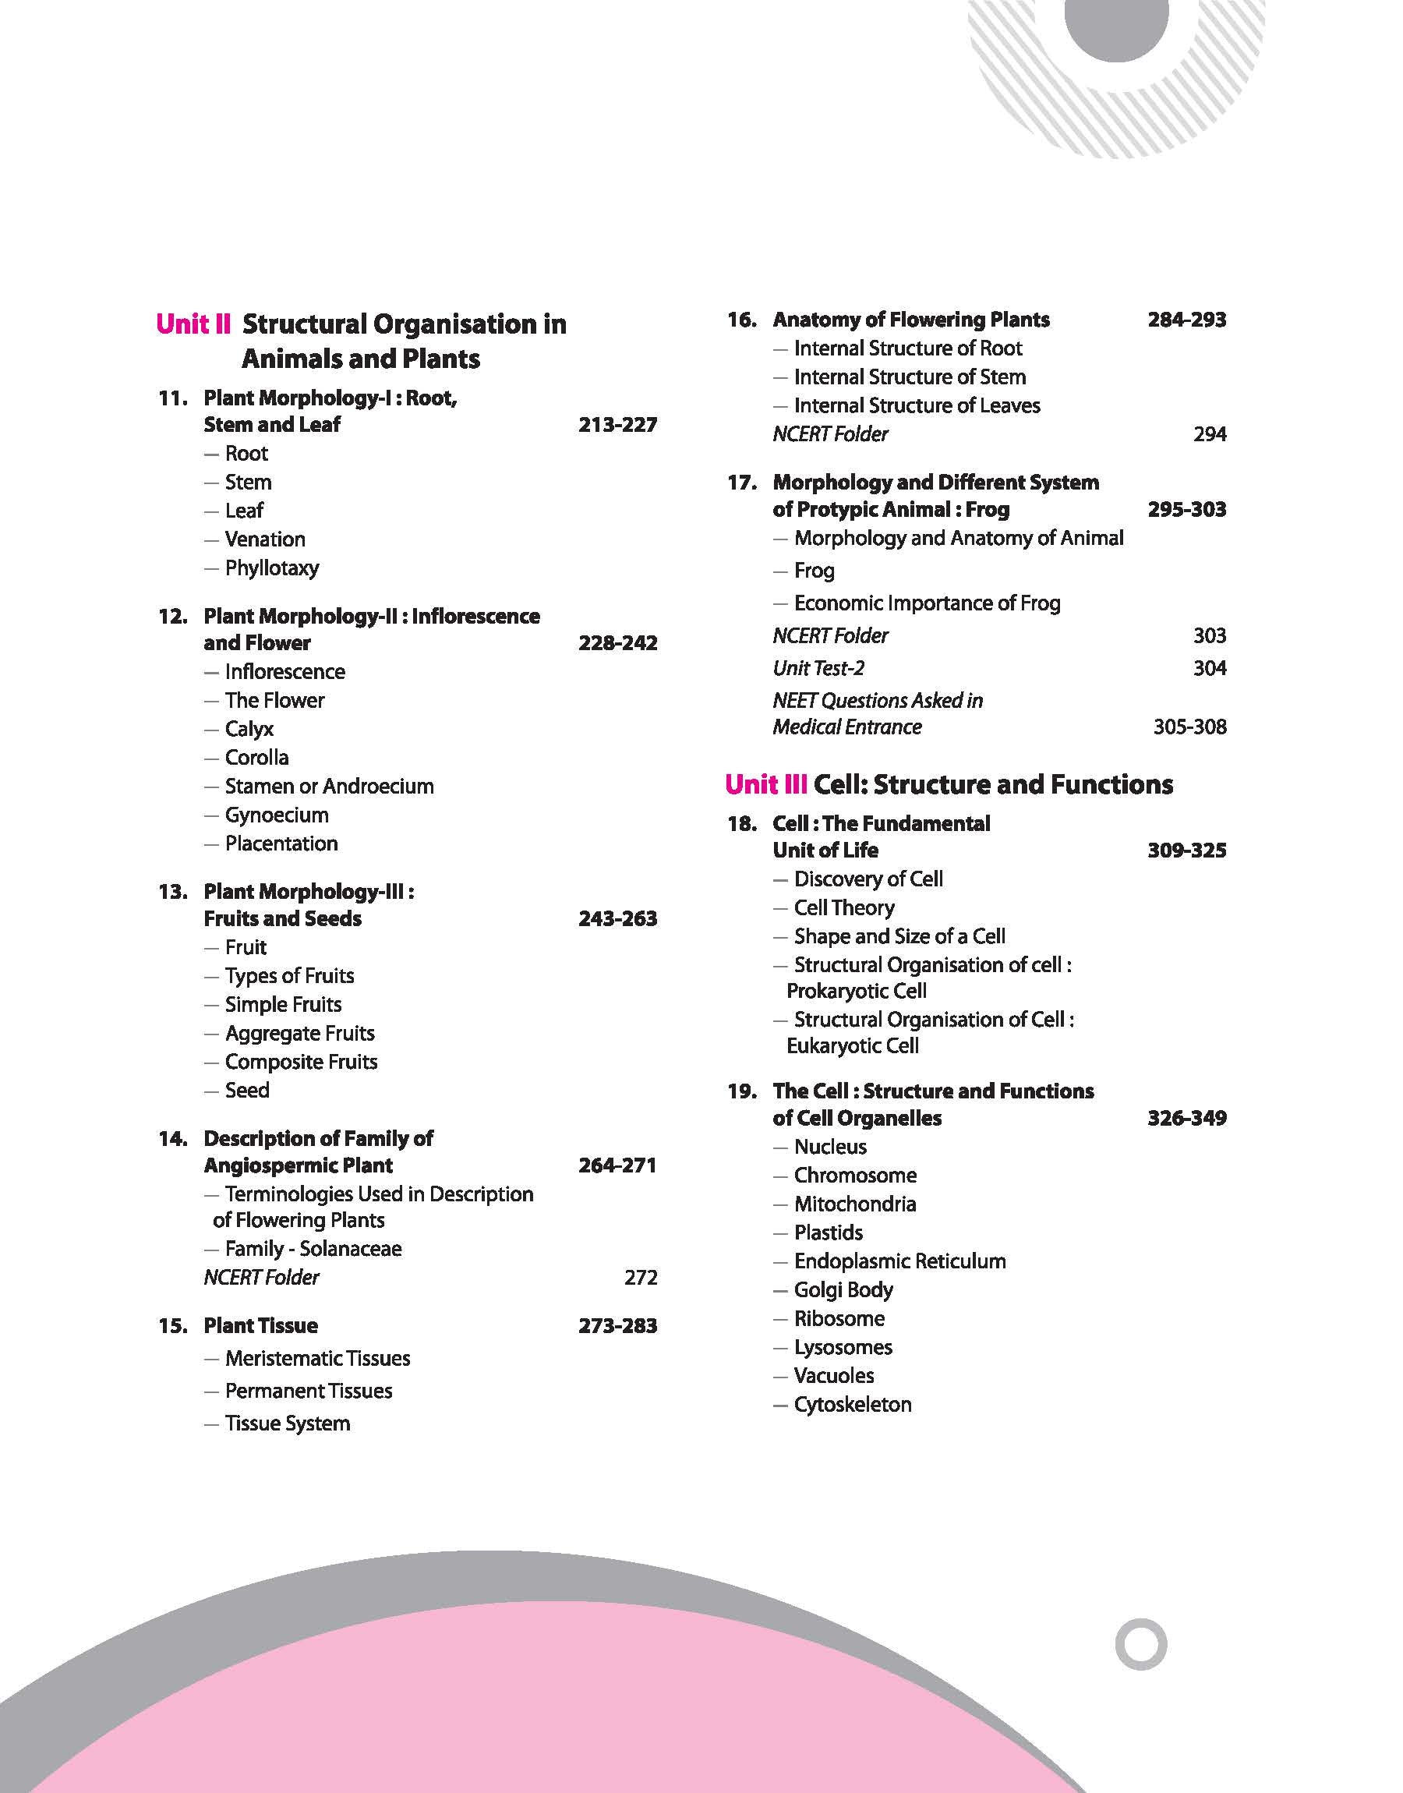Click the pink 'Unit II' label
tap(193, 324)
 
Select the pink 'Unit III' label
tap(765, 784)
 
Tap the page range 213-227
tap(618, 425)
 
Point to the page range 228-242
tap(618, 643)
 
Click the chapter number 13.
tap(172, 892)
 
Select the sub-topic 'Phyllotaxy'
tap(272, 568)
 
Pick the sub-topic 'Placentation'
tap(281, 843)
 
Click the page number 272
tap(641, 1277)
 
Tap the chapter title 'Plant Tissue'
tap(260, 1326)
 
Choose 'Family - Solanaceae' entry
tap(313, 1248)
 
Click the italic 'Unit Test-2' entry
tap(818, 669)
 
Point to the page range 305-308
tap(1189, 727)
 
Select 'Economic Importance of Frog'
tap(927, 603)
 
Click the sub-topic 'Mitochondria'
tap(854, 1204)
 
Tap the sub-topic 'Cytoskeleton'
tap(852, 1405)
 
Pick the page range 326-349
tap(1187, 1119)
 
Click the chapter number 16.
tap(742, 320)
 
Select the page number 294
tap(1210, 434)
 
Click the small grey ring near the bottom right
tap(1141, 1644)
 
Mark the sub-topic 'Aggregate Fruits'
tap(300, 1033)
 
